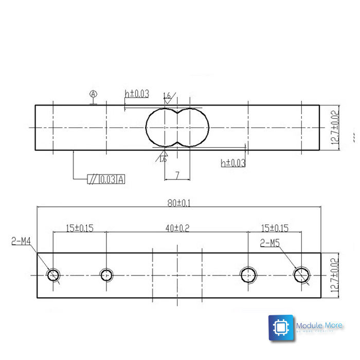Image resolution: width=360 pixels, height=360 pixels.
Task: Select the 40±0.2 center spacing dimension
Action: pos(177,228)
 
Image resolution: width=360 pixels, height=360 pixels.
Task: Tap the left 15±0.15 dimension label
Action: pos(80,228)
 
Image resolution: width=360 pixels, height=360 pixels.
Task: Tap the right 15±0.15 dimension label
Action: pos(275,228)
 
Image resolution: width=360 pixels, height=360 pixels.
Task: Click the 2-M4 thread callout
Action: pos(21,240)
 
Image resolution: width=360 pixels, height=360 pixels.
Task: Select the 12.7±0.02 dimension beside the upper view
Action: pos(335,128)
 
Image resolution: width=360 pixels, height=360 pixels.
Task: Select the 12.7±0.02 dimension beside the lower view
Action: pos(335,275)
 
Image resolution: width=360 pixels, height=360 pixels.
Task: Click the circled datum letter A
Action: pos(93,94)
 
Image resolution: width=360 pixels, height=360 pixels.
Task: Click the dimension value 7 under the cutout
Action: pos(177,176)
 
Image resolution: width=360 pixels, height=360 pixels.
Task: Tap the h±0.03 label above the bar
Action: pos(137,94)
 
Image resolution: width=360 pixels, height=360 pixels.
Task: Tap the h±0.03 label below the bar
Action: pos(233,163)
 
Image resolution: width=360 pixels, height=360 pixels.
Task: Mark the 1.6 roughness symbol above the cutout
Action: pos(168,96)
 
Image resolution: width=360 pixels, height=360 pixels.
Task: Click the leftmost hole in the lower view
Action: pos(53,275)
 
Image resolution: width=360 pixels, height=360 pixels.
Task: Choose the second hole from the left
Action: pos(106,275)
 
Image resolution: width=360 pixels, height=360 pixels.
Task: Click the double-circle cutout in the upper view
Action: pos(177,128)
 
